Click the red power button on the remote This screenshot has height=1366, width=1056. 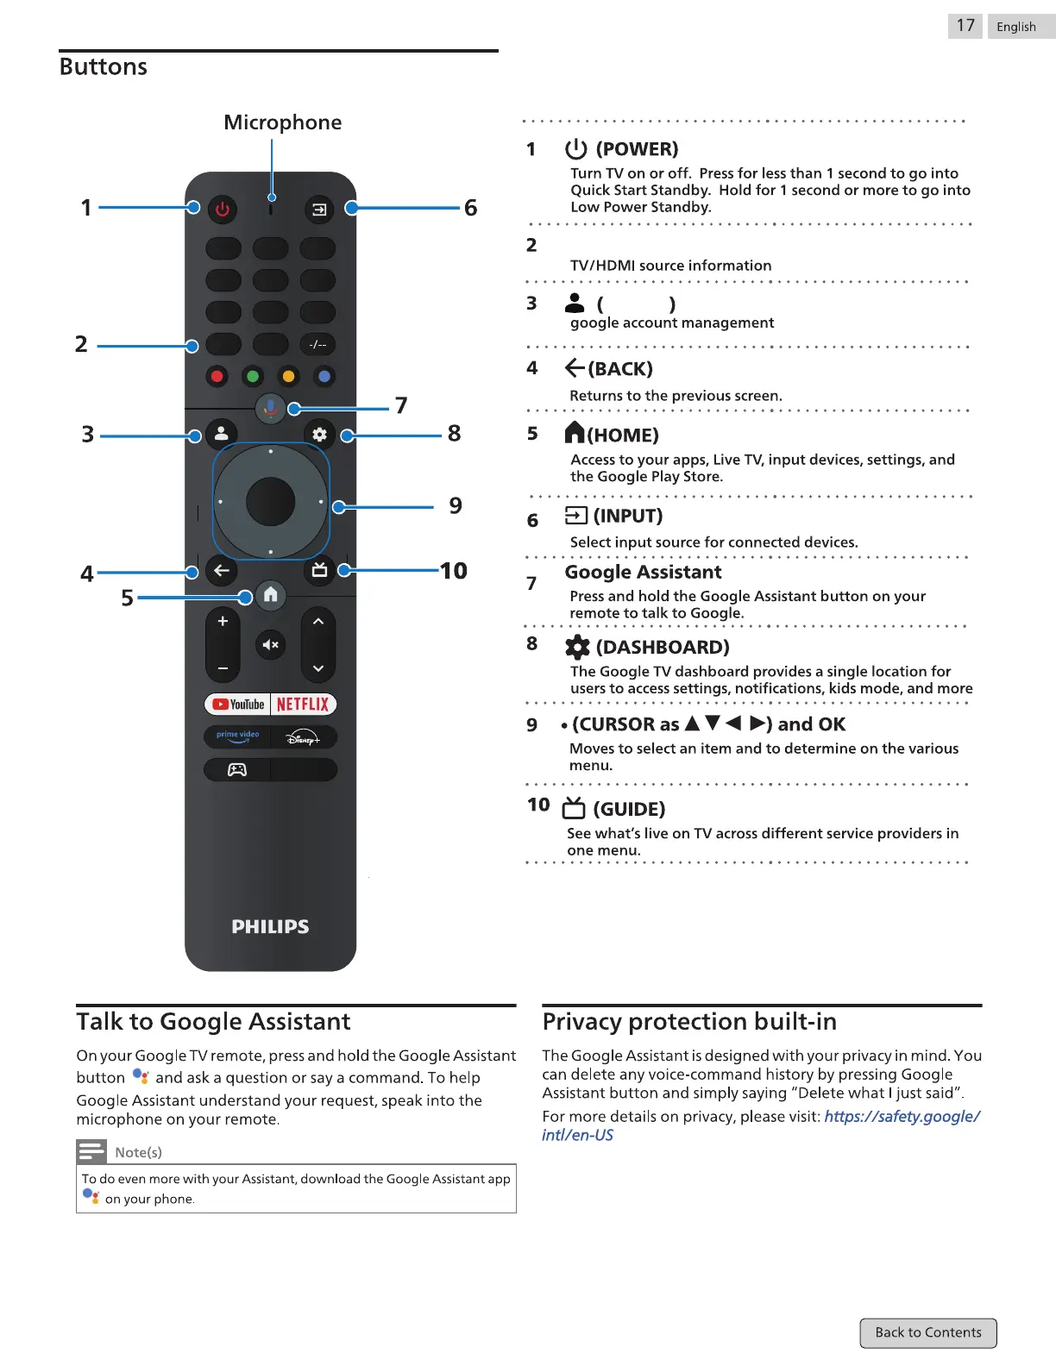pos(223,209)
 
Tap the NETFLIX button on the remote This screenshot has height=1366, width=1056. pos(303,705)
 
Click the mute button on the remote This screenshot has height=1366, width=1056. pos(270,645)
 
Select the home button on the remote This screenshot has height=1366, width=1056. pos(271,595)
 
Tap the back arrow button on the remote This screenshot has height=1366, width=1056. pos(222,571)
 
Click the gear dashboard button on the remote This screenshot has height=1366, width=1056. pos(319,435)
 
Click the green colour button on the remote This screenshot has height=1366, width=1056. pos(253,376)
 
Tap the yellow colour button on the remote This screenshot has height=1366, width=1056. pos(288,376)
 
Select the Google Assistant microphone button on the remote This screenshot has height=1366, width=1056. pos(270,408)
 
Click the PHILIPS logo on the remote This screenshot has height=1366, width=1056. pos(270,927)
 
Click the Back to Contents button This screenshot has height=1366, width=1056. pos(928,1332)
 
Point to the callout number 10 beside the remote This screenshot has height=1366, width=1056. pos(454,571)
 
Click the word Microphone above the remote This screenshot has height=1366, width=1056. pos(282,122)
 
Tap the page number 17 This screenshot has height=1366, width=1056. pos(965,26)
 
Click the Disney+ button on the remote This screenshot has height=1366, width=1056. pos(303,738)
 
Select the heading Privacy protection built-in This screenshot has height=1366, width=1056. pos(689,1022)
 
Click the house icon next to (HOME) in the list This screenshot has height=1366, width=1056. pos(575,433)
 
